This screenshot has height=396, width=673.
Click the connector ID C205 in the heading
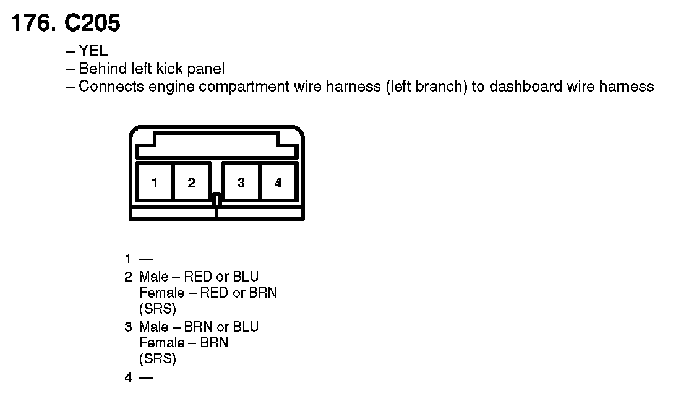(92, 24)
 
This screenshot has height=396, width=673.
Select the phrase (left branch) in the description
(426, 86)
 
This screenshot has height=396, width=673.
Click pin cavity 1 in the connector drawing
(155, 183)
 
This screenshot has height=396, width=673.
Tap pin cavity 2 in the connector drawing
(192, 183)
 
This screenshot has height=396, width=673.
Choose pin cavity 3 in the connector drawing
(241, 183)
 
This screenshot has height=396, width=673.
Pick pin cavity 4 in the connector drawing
(278, 183)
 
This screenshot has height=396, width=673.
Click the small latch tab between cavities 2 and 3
(216, 200)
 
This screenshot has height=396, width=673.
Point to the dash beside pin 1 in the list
(146, 259)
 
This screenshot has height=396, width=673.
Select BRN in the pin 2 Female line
(263, 293)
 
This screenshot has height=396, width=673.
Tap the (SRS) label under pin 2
(157, 309)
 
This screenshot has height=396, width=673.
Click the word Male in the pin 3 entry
(153, 326)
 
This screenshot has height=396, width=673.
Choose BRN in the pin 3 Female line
(213, 342)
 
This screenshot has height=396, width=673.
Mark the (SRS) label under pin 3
(157, 358)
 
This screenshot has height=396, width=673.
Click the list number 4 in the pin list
(128, 376)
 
